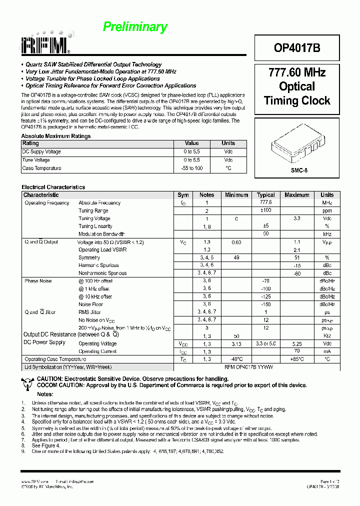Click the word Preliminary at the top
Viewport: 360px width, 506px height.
[x=135, y=27]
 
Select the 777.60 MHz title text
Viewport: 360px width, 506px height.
[x=297, y=72]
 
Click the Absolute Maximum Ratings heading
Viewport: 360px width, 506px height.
[x=56, y=136]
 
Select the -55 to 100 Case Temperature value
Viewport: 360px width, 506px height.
[x=192, y=168]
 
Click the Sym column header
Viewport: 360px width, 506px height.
[x=183, y=195]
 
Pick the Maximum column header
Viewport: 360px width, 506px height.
[x=297, y=195]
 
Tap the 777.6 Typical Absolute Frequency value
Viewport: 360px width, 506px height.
[x=266, y=202]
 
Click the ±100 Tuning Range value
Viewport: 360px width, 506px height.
[x=266, y=210]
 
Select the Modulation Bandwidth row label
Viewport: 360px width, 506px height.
[x=101, y=234]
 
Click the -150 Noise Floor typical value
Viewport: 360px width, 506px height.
[x=266, y=304]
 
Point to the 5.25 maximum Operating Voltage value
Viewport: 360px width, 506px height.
[x=297, y=344]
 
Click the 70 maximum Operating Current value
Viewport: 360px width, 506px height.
[x=297, y=351]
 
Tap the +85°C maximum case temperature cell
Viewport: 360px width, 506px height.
[x=297, y=359]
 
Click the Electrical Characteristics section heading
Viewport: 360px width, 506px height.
[x=53, y=187]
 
